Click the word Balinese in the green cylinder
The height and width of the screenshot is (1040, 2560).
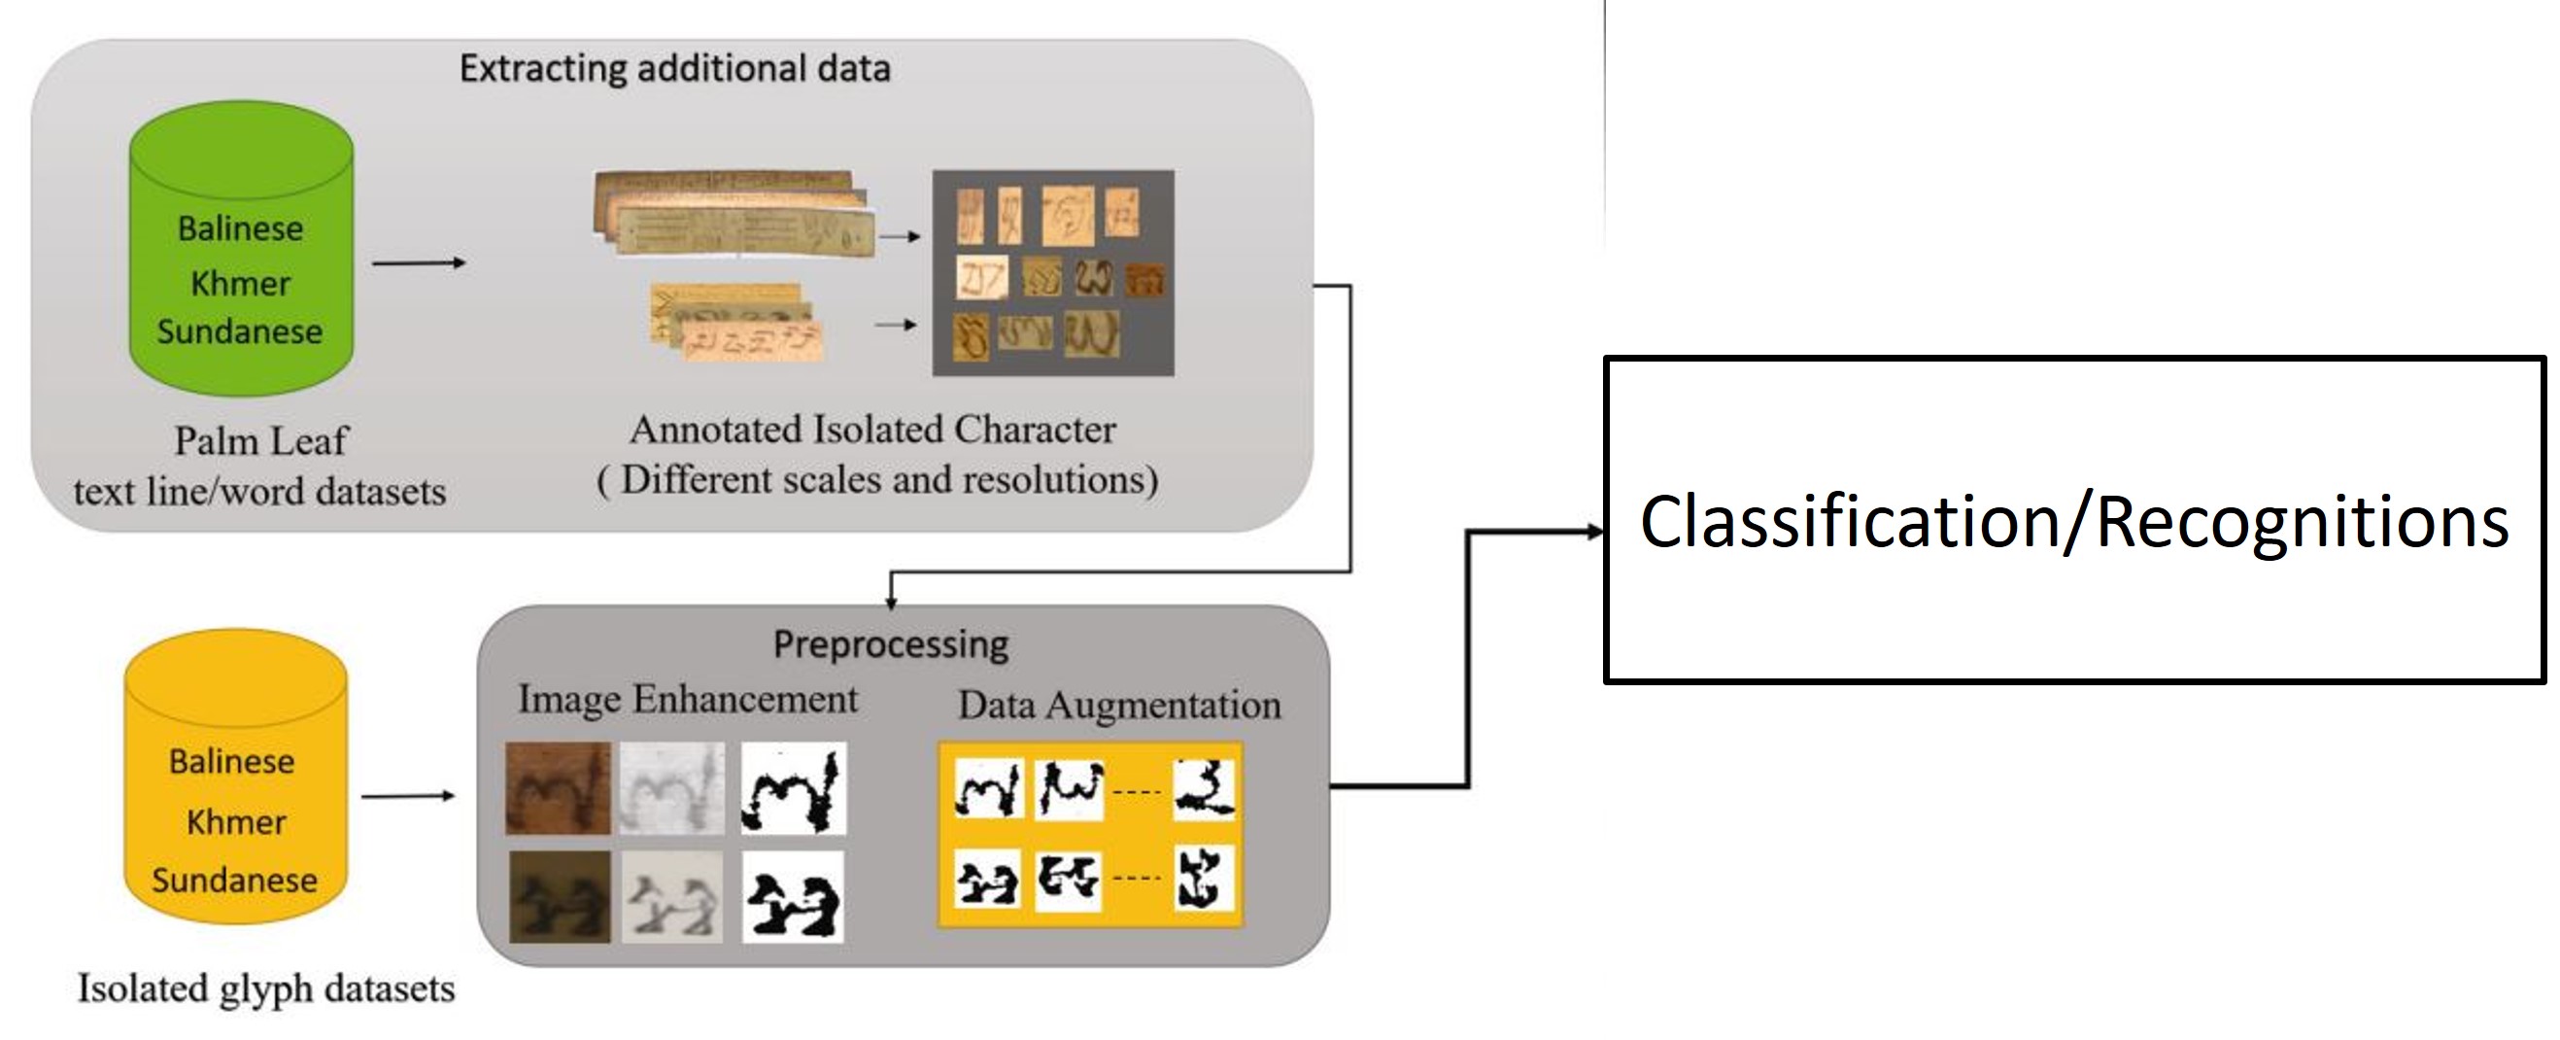[x=241, y=228]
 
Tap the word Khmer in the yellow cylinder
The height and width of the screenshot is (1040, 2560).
[x=235, y=822]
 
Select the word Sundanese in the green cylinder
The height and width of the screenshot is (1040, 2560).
[x=240, y=331]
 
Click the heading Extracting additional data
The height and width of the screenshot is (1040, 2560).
[x=674, y=69]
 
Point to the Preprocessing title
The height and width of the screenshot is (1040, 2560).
[x=891, y=644]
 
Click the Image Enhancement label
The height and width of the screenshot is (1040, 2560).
[x=687, y=699]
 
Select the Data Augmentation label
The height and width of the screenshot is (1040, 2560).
[x=1119, y=705]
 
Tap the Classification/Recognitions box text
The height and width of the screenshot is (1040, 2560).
[x=2074, y=521]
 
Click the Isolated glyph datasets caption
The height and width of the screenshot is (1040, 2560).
[x=265, y=988]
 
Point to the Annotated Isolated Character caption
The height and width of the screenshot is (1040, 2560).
[x=872, y=430]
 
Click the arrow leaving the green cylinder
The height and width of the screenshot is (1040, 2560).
[x=418, y=262]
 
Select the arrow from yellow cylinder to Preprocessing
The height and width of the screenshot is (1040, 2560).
[x=407, y=795]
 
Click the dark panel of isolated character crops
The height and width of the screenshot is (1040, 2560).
[x=1052, y=272]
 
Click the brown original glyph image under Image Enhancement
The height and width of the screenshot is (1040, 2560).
[x=558, y=787]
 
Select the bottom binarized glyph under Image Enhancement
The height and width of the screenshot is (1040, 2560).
[x=792, y=897]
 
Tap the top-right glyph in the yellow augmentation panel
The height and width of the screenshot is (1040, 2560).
[x=1204, y=789]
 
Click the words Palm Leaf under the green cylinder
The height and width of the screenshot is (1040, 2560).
[x=260, y=440]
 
